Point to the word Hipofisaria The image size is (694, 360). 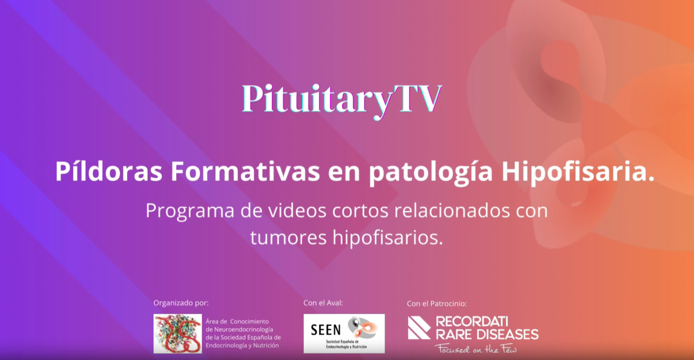(x=578, y=173)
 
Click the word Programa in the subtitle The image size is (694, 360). (x=190, y=212)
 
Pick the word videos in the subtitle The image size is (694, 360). (x=297, y=210)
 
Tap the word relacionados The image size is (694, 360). (x=452, y=210)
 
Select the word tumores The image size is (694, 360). (x=288, y=238)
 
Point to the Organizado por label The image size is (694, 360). (x=181, y=303)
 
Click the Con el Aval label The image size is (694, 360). (x=323, y=303)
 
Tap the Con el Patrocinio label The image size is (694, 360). (x=437, y=303)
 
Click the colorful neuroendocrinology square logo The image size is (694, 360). (x=177, y=334)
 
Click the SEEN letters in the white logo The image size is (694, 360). (x=326, y=330)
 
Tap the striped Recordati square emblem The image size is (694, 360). (x=419, y=328)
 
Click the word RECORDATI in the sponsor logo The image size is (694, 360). (x=472, y=322)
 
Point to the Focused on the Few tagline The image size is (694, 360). (x=476, y=349)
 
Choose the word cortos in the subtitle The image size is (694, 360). (x=360, y=211)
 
